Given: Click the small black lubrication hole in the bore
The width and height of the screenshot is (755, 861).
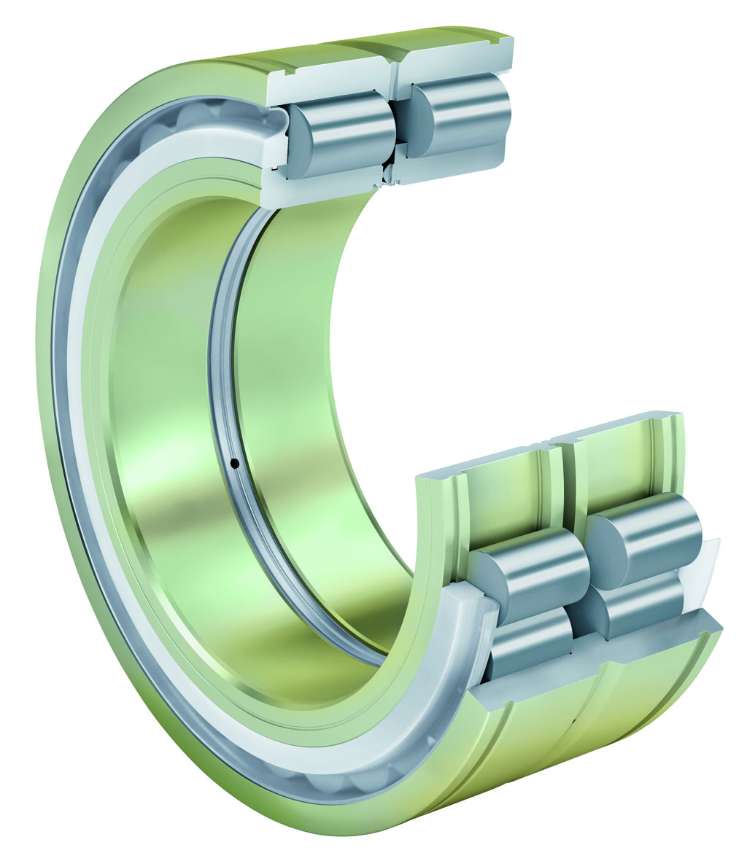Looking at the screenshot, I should [x=234, y=462].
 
